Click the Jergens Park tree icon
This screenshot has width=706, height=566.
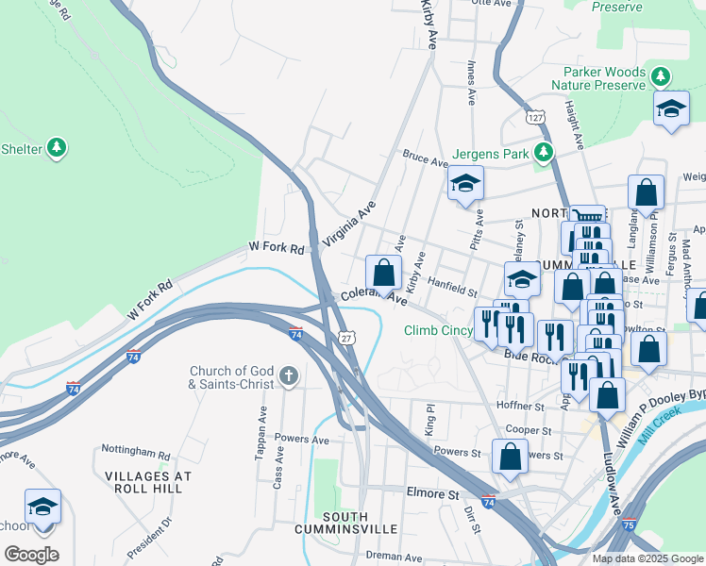click(543, 152)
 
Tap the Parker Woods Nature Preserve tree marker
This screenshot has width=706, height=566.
click(663, 76)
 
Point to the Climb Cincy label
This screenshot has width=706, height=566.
click(438, 330)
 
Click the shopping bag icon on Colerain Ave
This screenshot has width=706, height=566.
click(383, 274)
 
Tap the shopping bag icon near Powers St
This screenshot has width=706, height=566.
click(510, 457)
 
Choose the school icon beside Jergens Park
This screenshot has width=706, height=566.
click(465, 185)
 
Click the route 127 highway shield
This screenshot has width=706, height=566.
click(536, 117)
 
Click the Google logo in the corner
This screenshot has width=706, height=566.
click(31, 555)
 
